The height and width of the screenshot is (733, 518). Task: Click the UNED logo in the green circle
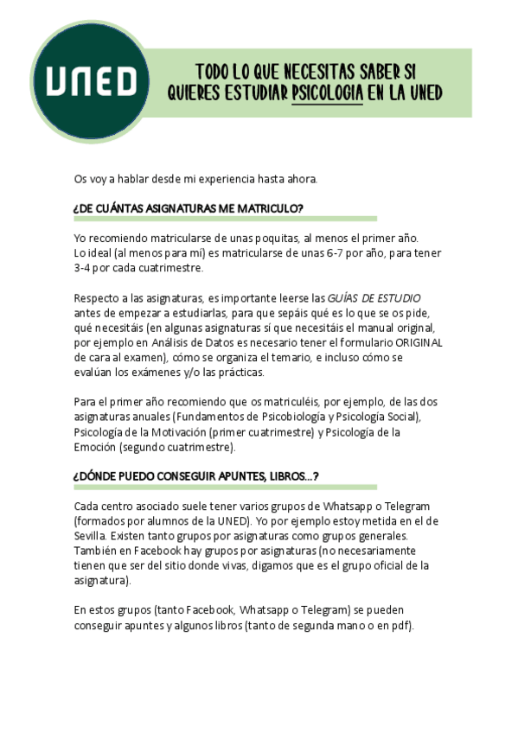(91, 81)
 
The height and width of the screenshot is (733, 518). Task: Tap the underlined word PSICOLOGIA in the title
(327, 92)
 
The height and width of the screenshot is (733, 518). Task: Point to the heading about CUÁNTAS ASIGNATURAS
(189, 208)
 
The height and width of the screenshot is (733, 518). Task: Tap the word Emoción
(99, 447)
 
